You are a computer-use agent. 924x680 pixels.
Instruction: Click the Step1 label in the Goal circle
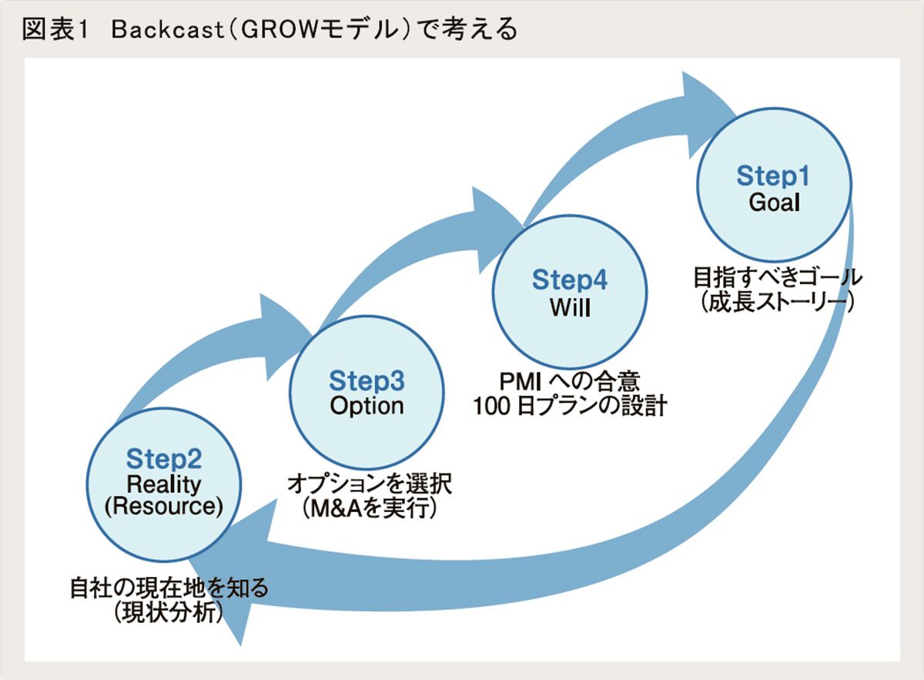[772, 176]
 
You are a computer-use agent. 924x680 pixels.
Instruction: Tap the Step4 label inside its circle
[569, 280]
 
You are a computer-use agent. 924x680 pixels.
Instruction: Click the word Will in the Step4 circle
[569, 307]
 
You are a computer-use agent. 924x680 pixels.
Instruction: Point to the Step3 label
[367, 380]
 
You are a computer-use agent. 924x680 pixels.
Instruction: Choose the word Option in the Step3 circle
[367, 406]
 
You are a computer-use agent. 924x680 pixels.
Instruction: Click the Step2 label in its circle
[164, 460]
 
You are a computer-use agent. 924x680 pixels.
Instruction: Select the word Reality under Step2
[164, 484]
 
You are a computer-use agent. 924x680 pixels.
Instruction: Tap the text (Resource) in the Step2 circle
[164, 507]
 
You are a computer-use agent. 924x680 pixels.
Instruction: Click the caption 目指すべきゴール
[777, 276]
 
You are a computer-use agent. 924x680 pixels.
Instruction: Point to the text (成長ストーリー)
[777, 301]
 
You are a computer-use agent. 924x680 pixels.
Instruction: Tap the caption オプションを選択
[369, 484]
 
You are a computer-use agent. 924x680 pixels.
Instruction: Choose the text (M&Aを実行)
[369, 508]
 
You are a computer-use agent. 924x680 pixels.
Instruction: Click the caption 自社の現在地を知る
[169, 588]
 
